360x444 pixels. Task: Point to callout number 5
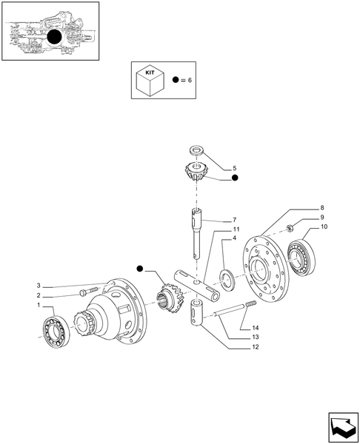click(234, 168)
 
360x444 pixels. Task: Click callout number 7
click(234, 221)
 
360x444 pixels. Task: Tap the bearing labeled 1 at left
click(56, 331)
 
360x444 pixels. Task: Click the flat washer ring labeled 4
click(227, 277)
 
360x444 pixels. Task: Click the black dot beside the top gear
click(234, 178)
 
